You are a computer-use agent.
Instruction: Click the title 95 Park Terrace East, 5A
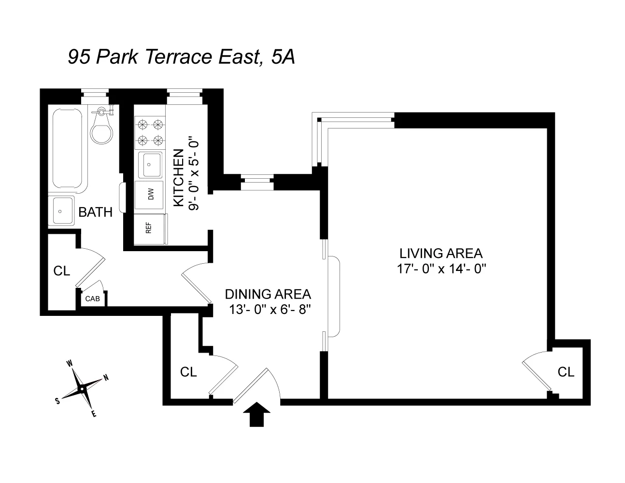click(181, 57)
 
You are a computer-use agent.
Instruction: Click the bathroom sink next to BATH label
click(61, 211)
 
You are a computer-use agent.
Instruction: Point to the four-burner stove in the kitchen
click(149, 132)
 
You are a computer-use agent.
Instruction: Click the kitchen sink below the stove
click(150, 165)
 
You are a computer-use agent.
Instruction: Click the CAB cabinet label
click(92, 298)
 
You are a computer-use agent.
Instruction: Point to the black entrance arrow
click(256, 414)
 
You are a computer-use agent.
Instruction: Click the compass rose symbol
click(82, 388)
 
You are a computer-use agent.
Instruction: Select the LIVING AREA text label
click(440, 253)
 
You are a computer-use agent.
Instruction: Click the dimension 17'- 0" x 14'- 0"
click(440, 269)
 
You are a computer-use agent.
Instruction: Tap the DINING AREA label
click(268, 294)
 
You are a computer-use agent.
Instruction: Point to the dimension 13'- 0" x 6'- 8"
click(269, 310)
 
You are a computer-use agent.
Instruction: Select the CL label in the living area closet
click(566, 372)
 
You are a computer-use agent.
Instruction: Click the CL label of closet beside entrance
click(188, 372)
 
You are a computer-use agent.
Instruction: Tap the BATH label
click(96, 212)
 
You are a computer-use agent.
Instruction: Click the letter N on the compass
click(106, 378)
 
